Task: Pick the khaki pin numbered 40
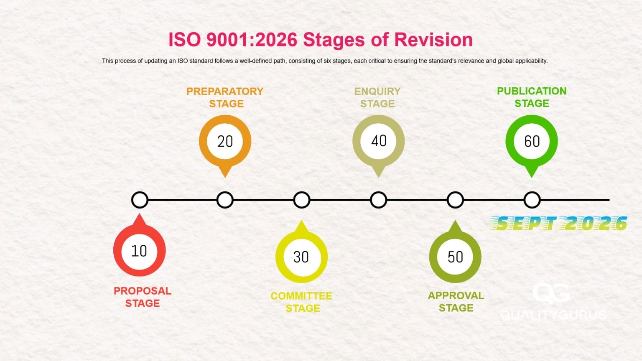tap(379, 141)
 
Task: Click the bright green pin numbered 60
tap(532, 141)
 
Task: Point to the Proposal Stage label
tap(143, 297)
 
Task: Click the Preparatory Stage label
tap(225, 97)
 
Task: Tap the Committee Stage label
tap(301, 302)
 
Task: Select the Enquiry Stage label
tap(377, 97)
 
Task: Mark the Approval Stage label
tap(456, 302)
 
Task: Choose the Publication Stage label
tap(532, 97)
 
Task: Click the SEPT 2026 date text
tap(559, 224)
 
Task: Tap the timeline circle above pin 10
tap(140, 200)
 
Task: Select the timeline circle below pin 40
tap(378, 200)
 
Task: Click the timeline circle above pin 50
tap(455, 200)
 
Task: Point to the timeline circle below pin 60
tap(532, 200)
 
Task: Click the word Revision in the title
tap(433, 40)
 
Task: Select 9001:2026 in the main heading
tap(252, 40)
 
